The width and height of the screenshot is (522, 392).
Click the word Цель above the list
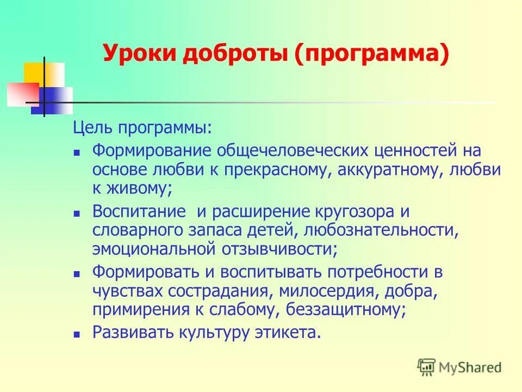click(x=93, y=129)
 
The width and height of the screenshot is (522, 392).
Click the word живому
click(x=140, y=189)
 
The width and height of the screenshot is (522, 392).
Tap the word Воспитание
click(x=137, y=211)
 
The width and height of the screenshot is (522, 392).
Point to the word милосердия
click(x=333, y=291)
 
